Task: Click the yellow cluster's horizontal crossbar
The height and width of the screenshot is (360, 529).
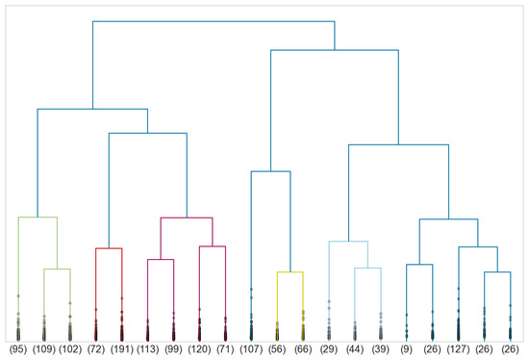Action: tap(290, 272)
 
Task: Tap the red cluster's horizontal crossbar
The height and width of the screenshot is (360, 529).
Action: tap(108, 248)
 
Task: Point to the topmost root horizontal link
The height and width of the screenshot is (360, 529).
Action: tap(214, 21)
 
